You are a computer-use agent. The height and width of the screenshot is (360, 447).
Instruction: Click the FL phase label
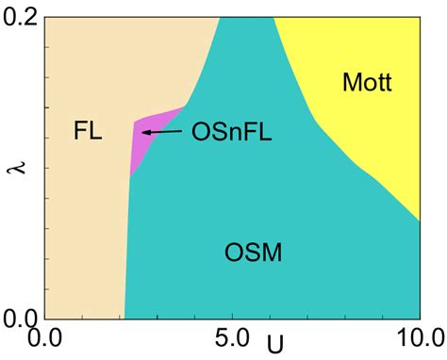pos(88,131)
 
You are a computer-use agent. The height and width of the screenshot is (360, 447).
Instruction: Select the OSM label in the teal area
pos(254,253)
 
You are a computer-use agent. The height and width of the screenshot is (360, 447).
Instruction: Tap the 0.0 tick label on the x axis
pos(47,335)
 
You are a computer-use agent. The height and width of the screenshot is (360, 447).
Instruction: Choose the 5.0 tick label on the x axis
pos(231,335)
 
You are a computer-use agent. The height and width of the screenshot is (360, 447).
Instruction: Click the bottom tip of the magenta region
pos(130,176)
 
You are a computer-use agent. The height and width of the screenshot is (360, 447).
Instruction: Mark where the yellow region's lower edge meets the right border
pos(419,220)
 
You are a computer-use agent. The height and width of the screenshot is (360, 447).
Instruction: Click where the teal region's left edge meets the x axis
pos(124,318)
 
